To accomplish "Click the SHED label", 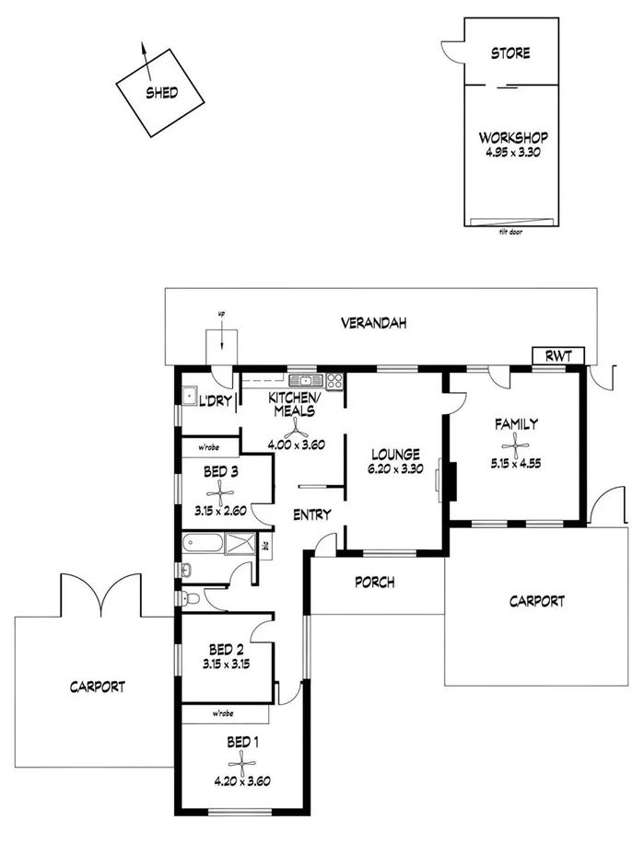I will click(x=161, y=93).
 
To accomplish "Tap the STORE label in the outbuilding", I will click(x=509, y=53).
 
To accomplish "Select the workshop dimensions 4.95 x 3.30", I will click(x=509, y=153).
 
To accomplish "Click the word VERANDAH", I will click(x=373, y=323).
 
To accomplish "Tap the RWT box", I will click(x=557, y=356).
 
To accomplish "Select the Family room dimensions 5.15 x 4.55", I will click(x=517, y=464).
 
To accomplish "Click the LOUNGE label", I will click(x=395, y=454).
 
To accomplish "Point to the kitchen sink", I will click(x=301, y=380).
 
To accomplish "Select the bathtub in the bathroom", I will click(x=204, y=543).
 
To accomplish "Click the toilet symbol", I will click(x=191, y=599).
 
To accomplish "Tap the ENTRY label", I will click(x=311, y=514).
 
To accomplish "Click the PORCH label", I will click(x=374, y=582).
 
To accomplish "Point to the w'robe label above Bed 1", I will click(x=221, y=713).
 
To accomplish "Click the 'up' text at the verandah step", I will click(x=221, y=315).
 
